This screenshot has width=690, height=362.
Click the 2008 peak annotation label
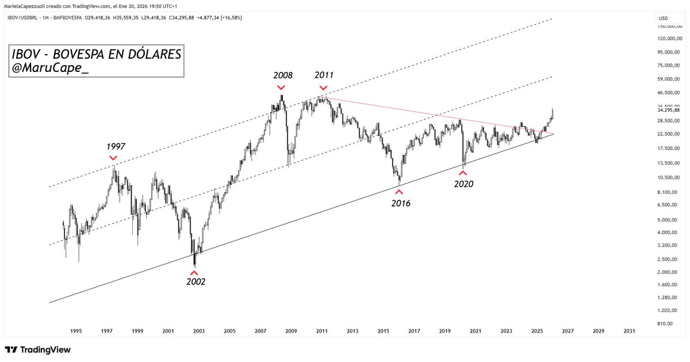pyautogui.click(x=283, y=75)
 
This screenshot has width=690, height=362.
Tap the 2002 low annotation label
pyautogui.click(x=195, y=281)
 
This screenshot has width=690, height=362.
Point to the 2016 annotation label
pyautogui.click(x=401, y=203)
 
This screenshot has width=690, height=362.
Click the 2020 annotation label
pyautogui.click(x=463, y=184)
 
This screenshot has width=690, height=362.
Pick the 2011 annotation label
pyautogui.click(x=324, y=75)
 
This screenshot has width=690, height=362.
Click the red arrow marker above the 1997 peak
pyautogui.click(x=113, y=158)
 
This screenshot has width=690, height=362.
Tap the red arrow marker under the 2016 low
pyautogui.click(x=399, y=191)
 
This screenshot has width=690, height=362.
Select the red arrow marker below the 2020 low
pyautogui.click(x=462, y=173)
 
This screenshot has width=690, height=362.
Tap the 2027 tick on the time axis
pyautogui.click(x=568, y=331)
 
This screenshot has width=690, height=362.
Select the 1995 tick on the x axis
pyautogui.click(x=76, y=331)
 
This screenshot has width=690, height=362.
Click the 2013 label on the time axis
pyautogui.click(x=352, y=331)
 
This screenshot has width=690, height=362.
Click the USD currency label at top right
pyautogui.click(x=663, y=18)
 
